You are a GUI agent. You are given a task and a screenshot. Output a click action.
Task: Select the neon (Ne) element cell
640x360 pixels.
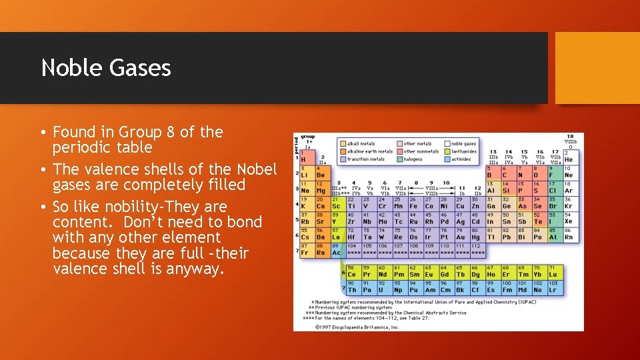point(569,172)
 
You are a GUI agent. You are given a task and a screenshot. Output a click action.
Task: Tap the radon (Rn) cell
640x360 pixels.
point(569,234)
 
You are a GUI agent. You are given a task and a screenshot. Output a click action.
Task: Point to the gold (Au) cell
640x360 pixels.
point(460,234)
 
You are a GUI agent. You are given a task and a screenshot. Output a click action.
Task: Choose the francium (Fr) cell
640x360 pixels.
point(305,249)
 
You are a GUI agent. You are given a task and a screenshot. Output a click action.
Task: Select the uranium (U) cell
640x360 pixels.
point(382,287)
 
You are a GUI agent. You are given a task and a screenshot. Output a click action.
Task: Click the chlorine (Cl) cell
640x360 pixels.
point(553,188)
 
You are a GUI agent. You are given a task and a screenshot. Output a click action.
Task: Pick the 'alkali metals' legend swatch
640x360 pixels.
point(342,143)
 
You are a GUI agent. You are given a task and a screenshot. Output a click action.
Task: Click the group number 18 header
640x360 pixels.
point(570,136)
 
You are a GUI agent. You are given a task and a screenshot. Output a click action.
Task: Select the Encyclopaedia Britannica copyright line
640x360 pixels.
point(356,327)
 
